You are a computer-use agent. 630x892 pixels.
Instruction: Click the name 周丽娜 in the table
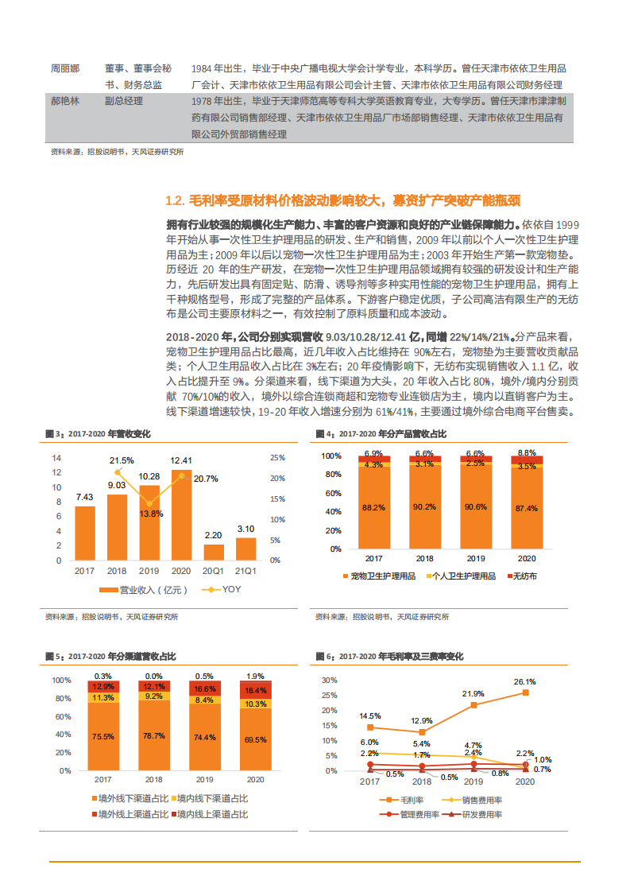click(64, 68)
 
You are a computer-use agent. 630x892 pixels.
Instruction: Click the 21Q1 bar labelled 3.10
click(245, 549)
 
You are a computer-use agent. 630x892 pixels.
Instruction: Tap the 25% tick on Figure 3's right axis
click(276, 458)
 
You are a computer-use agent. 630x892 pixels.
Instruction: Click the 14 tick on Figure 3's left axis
click(56, 458)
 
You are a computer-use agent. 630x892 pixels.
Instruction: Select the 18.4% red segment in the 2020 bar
click(255, 691)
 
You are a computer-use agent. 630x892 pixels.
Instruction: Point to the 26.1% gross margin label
click(524, 681)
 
